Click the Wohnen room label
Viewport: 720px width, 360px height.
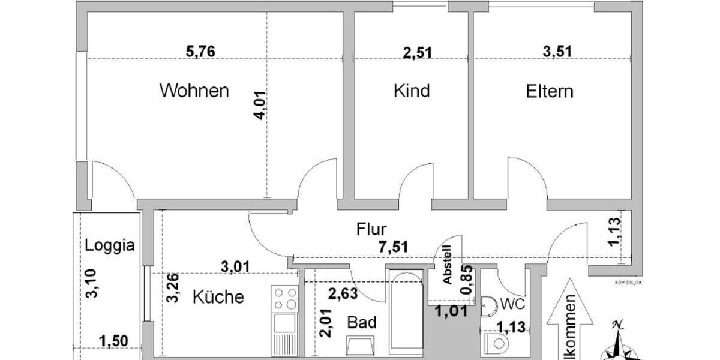[x=194, y=91]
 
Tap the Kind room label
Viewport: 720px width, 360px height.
[x=412, y=91]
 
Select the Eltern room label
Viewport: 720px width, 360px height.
[x=549, y=91]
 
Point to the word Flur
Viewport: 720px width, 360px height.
[x=372, y=229]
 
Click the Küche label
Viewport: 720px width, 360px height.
[x=218, y=296]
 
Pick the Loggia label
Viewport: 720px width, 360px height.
[x=109, y=245]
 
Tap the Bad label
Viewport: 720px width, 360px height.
[x=362, y=323]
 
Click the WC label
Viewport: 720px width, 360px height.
[x=509, y=304]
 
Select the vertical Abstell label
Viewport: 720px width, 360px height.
[x=446, y=268]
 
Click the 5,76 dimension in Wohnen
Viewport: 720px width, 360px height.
[x=200, y=52]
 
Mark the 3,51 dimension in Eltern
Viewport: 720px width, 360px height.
[x=556, y=52]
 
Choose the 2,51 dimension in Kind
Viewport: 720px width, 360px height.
[x=417, y=52]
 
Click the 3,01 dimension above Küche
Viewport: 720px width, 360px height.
[x=235, y=267]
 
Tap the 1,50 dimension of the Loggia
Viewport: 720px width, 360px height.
[x=113, y=341]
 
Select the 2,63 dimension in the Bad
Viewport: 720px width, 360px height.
[x=343, y=293]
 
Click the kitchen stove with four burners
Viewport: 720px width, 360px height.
[x=284, y=298]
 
